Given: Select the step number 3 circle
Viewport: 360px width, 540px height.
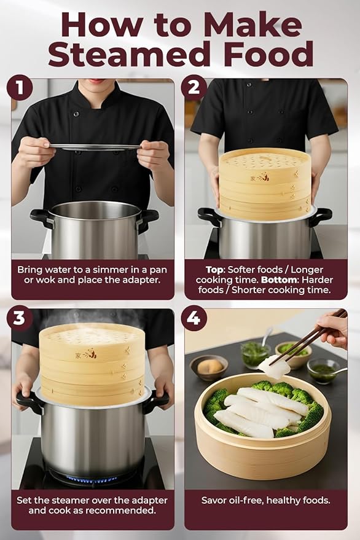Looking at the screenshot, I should click(19, 318).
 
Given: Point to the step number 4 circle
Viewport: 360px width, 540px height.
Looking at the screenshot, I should click(194, 318).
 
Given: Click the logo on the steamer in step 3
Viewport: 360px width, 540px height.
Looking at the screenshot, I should click(89, 353).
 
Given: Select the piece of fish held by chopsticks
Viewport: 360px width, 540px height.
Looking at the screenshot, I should click(273, 367).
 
